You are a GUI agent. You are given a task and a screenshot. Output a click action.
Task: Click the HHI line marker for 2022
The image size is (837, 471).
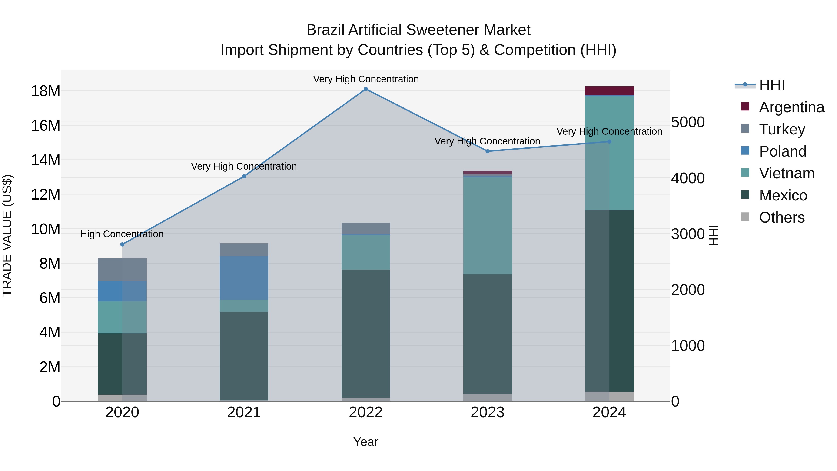pyautogui.click(x=365, y=89)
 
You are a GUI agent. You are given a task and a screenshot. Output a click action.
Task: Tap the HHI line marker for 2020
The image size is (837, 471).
pyautogui.click(x=122, y=244)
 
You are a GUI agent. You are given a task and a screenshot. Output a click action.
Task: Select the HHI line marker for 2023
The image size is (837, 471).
pyautogui.click(x=487, y=151)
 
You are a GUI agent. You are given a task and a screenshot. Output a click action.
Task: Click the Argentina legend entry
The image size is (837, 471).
pyautogui.click(x=791, y=107)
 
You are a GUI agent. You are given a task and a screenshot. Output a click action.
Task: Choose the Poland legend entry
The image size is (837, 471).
pyautogui.click(x=782, y=151)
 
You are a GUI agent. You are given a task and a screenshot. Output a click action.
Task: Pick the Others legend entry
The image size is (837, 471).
pyautogui.click(x=781, y=217)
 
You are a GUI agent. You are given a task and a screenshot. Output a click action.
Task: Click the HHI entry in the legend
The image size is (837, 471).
pyautogui.click(x=772, y=85)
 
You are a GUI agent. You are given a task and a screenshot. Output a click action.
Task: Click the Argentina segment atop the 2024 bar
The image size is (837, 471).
pyautogui.click(x=609, y=91)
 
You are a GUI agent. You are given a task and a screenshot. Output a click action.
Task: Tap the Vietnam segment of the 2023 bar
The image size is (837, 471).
pyautogui.click(x=487, y=226)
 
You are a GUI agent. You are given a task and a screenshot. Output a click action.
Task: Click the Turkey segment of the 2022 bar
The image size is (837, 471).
pyautogui.click(x=365, y=228)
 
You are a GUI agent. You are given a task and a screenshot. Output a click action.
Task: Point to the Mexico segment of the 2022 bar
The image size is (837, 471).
pyautogui.click(x=365, y=333)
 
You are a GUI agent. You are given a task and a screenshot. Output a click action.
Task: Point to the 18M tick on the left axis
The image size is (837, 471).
pyautogui.click(x=46, y=91)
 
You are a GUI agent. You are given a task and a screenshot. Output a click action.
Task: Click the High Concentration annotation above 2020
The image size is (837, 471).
pyautogui.click(x=122, y=234)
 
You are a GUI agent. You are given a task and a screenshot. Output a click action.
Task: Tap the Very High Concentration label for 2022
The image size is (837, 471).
pyautogui.click(x=366, y=79)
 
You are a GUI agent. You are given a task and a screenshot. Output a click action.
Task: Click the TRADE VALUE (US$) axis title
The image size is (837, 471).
pyautogui.click(x=7, y=235)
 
